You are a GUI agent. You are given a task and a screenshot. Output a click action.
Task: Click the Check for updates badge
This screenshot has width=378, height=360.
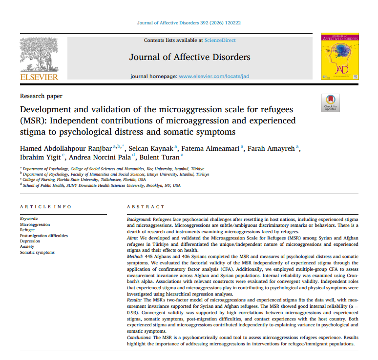click(330, 103)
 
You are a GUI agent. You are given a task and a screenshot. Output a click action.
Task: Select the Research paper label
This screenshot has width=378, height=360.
click(41, 96)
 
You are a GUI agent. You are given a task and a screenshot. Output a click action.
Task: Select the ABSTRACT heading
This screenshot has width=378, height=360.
click(146, 207)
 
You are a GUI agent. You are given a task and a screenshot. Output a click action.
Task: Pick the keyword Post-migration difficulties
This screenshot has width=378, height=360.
click(43, 236)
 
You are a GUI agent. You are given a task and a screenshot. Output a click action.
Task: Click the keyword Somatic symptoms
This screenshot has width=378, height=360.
click(37, 252)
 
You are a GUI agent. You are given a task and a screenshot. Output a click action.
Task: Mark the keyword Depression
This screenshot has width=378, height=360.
click(30, 241)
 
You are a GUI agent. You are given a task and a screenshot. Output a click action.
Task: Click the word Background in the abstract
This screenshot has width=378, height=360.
click(138, 220)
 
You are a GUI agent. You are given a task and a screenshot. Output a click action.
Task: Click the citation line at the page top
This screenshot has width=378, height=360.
click(189, 22)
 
